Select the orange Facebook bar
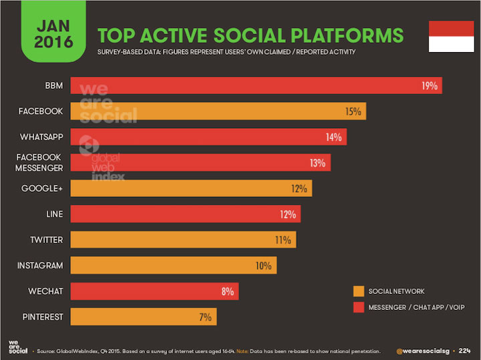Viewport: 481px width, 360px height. [x=218, y=112]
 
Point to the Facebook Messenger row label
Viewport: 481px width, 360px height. [x=39, y=162]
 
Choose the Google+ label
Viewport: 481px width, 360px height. [x=42, y=188]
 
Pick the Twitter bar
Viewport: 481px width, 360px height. [x=182, y=240]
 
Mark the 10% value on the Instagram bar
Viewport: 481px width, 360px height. [x=263, y=266]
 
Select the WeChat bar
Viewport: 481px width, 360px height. [x=154, y=291]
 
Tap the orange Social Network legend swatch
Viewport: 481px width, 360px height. [x=359, y=291]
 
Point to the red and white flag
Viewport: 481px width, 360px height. [x=446, y=36]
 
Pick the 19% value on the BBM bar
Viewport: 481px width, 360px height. [x=430, y=85]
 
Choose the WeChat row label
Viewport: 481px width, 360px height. [x=46, y=291]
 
